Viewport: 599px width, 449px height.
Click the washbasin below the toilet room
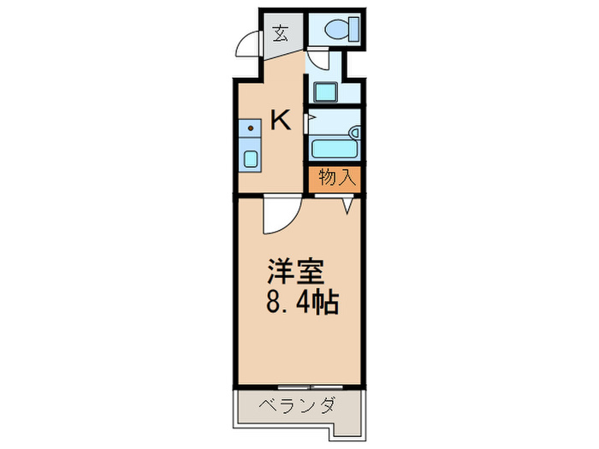point(325,90)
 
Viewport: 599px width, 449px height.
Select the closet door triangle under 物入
point(348,205)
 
